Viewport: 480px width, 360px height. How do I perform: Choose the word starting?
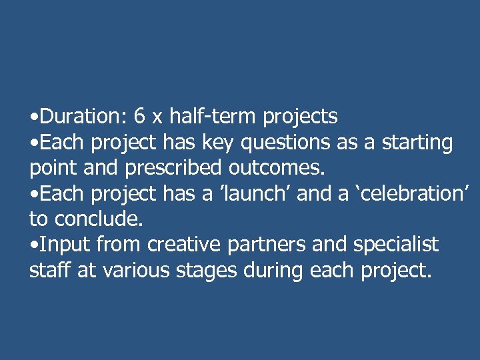417,143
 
